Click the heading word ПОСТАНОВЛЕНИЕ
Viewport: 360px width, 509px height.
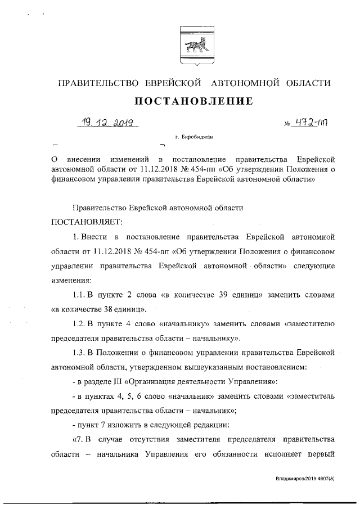(193, 101)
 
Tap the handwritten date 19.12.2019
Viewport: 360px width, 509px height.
(109, 124)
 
